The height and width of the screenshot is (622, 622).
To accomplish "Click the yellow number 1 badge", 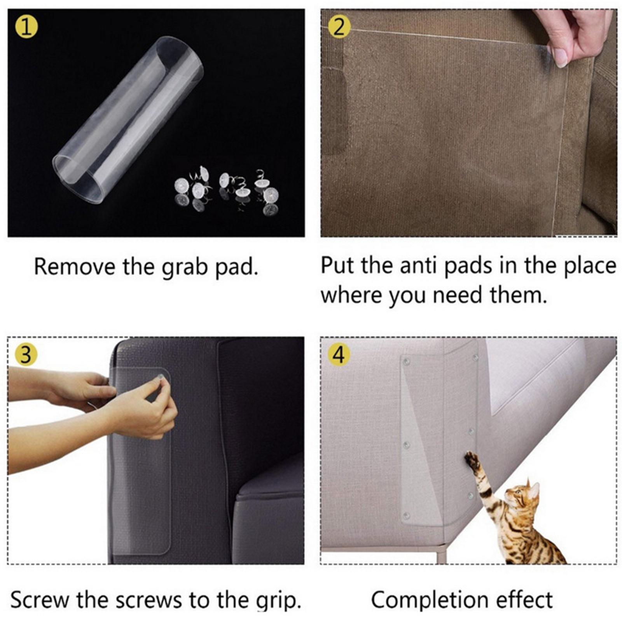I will pos(26,27).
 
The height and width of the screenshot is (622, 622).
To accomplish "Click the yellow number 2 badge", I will pos(339,27).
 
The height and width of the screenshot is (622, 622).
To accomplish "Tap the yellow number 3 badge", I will pos(26,355).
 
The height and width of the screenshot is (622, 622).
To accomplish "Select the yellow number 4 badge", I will pos(339,355).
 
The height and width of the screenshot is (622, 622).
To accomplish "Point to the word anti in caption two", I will pos(420,266).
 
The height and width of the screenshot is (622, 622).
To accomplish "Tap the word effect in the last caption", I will pos(525,599).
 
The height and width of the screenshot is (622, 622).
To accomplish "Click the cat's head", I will pos(523,496).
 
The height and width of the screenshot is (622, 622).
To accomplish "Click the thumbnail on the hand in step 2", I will pos(561,58).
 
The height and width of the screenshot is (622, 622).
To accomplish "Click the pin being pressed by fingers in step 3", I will pos(159,377).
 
